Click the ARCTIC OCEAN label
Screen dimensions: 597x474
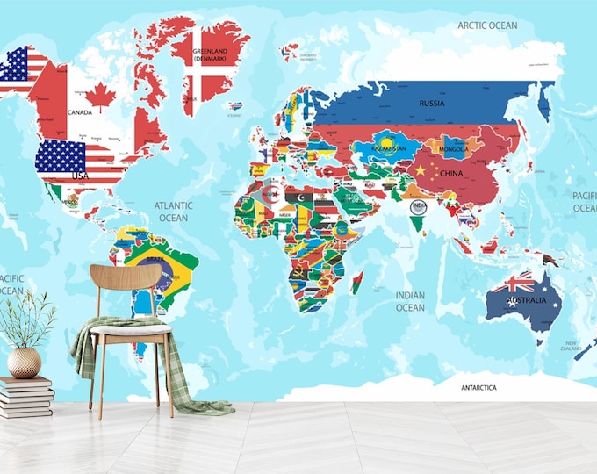[x=487, y=25]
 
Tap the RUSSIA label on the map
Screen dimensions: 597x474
[x=431, y=103]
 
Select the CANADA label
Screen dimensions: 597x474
[x=80, y=113]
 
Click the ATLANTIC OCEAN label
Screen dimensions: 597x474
[x=173, y=212]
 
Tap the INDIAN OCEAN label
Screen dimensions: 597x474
[x=409, y=301]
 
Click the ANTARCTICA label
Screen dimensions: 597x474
[x=479, y=387]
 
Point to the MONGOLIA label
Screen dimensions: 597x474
[x=455, y=149]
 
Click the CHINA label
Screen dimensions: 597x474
[x=451, y=174]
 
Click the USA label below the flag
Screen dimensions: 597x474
[x=81, y=176]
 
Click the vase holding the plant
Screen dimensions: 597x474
[x=24, y=362]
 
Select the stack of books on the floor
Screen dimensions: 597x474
[x=26, y=398]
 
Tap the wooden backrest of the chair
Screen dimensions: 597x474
[x=125, y=278]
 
